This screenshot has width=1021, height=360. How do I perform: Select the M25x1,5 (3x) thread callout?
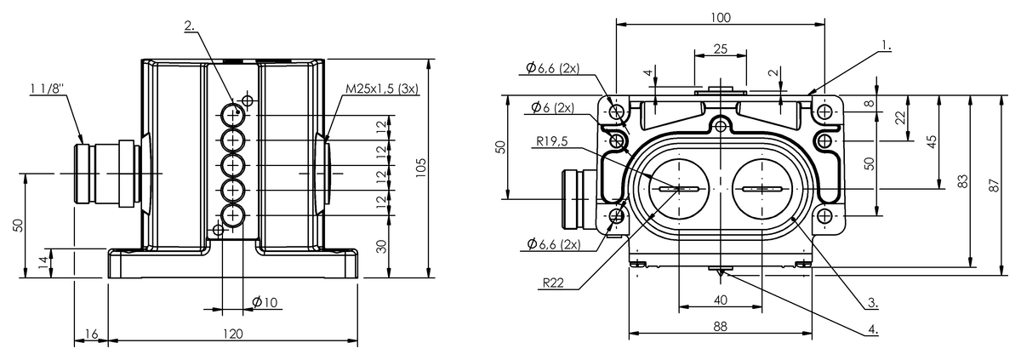(382, 89)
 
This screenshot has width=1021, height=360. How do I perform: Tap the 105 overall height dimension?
(422, 169)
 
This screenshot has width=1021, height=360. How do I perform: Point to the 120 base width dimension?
(233, 334)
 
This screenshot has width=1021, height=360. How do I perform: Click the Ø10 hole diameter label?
(265, 302)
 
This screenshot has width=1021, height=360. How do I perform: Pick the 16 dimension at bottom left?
(92, 334)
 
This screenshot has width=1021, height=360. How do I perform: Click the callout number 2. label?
(190, 26)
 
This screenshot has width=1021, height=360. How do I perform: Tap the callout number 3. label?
(873, 303)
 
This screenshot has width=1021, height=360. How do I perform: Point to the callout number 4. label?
(873, 329)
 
